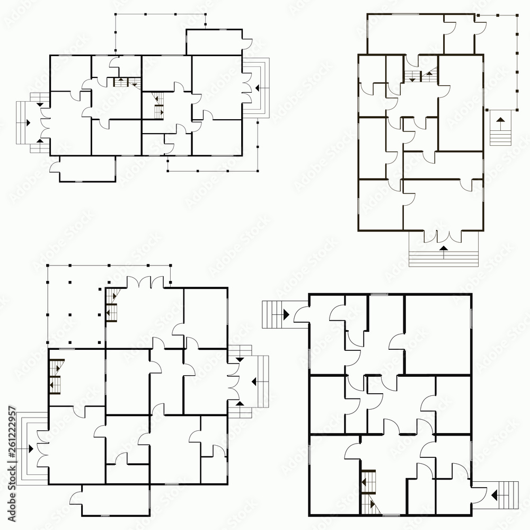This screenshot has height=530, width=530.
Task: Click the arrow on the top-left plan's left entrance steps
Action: [x=26, y=122]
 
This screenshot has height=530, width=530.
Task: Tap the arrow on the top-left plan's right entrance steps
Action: [x=258, y=87]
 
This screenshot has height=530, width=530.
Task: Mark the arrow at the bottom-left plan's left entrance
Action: [x=30, y=448]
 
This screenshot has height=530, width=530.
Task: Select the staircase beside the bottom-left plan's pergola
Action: [x=112, y=305]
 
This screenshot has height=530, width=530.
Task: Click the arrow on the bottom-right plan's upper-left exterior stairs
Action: [x=285, y=314]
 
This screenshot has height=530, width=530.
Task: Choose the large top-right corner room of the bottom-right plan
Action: [x=438, y=334]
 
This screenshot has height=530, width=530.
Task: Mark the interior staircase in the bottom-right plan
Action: [x=368, y=490]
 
